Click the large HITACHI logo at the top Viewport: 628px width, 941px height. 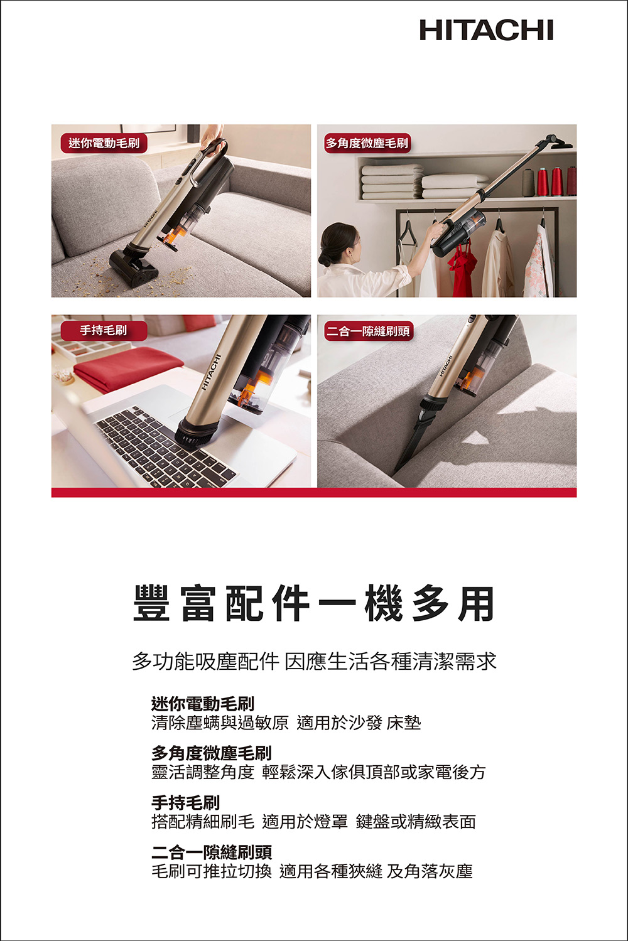(x=486, y=30)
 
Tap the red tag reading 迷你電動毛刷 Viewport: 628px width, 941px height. (x=104, y=143)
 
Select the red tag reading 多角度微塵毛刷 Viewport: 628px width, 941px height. (x=367, y=143)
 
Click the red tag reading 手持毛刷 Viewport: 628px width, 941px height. (x=104, y=331)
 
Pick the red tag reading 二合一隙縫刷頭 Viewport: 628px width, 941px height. (x=369, y=331)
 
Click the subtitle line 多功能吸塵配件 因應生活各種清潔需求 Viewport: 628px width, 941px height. (x=314, y=661)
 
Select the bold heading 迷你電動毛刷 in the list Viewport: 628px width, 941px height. (x=203, y=703)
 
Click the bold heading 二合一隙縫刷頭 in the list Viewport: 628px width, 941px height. (x=212, y=851)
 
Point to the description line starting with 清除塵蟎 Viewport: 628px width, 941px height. (x=286, y=723)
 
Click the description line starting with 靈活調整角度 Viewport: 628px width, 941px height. (x=318, y=772)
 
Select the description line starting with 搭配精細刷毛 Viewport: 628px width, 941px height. (x=313, y=821)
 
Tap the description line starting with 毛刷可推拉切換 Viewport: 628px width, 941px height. (x=312, y=871)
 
